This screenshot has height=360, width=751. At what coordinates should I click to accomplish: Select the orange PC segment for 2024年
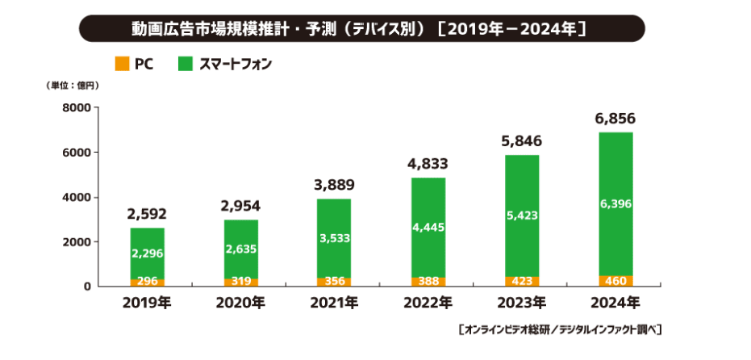coord(615,281)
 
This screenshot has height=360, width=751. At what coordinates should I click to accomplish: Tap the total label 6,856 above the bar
coord(615,119)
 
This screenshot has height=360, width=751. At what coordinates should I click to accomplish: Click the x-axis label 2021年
coord(334,303)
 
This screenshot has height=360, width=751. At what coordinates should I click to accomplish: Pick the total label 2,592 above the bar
coord(147,214)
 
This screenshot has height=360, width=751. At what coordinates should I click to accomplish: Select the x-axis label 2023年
coord(522,303)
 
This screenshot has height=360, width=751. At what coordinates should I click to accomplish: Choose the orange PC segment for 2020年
coord(240,282)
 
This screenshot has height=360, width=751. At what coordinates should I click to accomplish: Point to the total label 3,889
coord(334,185)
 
